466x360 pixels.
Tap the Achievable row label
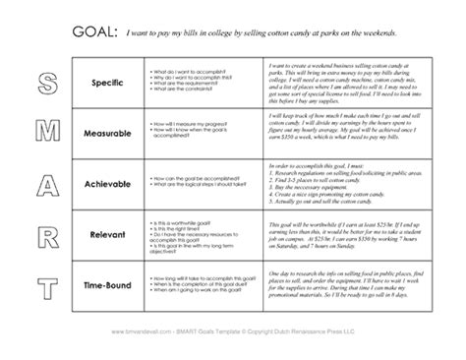click(x=109, y=187)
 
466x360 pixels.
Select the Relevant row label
click(x=109, y=241)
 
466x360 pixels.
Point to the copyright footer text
click(x=233, y=343)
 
